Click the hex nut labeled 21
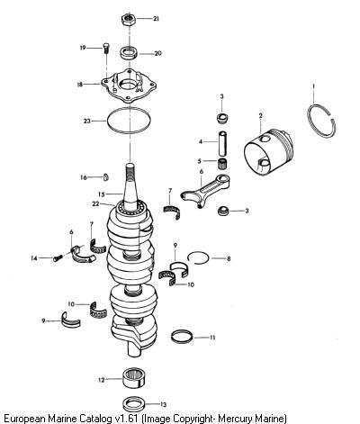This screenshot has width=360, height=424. pyautogui.click(x=129, y=20)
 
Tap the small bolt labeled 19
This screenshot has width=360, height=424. pyautogui.click(x=106, y=49)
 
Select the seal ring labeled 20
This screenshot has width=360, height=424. pyautogui.click(x=130, y=53)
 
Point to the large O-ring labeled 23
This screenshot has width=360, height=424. pyautogui.click(x=107, y=120)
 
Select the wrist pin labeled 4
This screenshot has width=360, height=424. pyautogui.click(x=223, y=143)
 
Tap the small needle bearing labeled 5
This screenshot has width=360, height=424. pyautogui.click(x=222, y=164)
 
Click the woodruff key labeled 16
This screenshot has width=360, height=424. pyautogui.click(x=105, y=177)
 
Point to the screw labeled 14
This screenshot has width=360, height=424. pyautogui.click(x=58, y=257)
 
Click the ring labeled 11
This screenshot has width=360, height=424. pyautogui.click(x=183, y=337)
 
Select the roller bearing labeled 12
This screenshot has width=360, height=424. pyautogui.click(x=135, y=380)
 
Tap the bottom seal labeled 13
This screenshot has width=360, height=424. pyautogui.click(x=134, y=403)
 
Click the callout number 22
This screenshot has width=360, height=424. pyautogui.click(x=95, y=204)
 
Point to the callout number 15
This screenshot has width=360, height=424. pyautogui.click(x=102, y=194)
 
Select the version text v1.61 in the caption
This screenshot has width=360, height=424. pyautogui.click(x=126, y=419)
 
